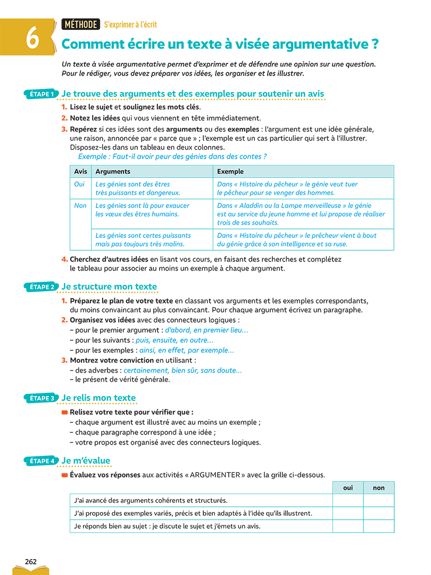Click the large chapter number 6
point(32,38)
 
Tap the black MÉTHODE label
point(80,24)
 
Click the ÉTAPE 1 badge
point(42,94)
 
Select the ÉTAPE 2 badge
point(42,287)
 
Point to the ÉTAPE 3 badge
point(42,398)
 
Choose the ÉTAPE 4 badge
point(42,461)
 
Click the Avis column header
point(80,171)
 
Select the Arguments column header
point(112,171)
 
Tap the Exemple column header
point(230,171)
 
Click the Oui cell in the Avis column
point(79,184)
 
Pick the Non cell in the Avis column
point(80,206)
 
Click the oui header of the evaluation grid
point(348,488)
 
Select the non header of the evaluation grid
point(379,488)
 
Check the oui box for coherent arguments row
point(348,500)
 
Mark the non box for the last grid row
point(379,526)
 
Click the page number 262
point(31,561)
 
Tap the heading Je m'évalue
point(86,461)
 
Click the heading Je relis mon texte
point(98,398)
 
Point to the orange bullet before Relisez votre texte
point(64,412)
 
